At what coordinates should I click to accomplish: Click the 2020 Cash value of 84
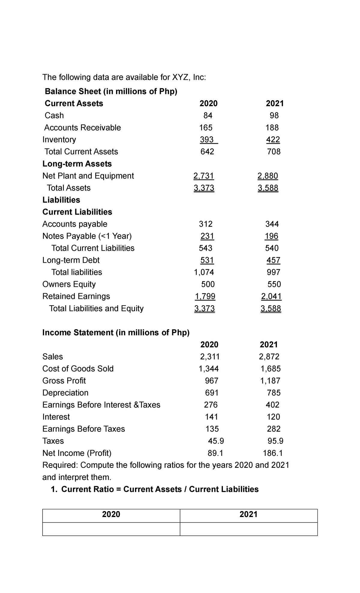(x=208, y=116)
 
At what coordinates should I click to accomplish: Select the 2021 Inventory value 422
(x=273, y=140)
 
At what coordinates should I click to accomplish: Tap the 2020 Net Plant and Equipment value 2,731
(x=204, y=176)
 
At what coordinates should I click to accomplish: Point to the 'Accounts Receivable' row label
(x=82, y=128)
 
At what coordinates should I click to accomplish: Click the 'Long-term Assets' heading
(x=77, y=164)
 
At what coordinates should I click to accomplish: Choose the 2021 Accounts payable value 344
(x=272, y=224)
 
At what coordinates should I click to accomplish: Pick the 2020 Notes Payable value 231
(x=207, y=236)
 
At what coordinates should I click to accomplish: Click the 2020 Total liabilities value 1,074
(x=204, y=272)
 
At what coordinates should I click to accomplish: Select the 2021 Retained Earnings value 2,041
(x=271, y=296)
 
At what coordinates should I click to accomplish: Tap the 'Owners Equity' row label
(x=69, y=284)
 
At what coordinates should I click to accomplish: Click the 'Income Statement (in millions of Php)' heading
(x=116, y=333)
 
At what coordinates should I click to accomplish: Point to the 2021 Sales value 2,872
(x=269, y=357)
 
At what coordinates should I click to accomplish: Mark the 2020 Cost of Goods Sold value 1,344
(x=209, y=369)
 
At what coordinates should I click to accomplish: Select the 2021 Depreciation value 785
(x=274, y=393)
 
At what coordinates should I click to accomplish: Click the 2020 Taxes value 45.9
(x=216, y=441)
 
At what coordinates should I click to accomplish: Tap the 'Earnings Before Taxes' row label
(x=84, y=429)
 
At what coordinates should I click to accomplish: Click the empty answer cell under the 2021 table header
(x=248, y=529)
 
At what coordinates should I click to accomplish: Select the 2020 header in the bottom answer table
(x=111, y=514)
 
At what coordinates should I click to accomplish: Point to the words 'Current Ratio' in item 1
(x=87, y=489)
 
